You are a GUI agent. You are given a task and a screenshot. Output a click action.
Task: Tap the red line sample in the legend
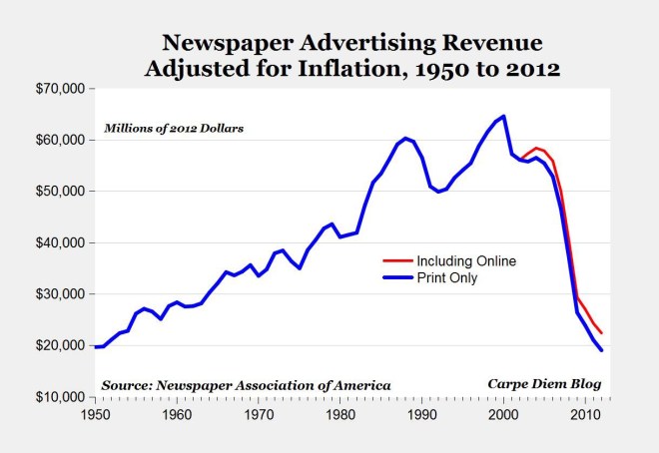397,260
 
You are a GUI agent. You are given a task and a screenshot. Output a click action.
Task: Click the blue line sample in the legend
397,278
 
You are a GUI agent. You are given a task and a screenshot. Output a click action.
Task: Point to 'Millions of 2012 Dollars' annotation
175,130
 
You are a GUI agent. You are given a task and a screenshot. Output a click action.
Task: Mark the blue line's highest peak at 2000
503,116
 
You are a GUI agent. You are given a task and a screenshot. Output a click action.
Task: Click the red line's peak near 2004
536,148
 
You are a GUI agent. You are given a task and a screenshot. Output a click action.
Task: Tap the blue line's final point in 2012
602,350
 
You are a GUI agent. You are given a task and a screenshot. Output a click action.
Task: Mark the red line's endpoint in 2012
602,333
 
